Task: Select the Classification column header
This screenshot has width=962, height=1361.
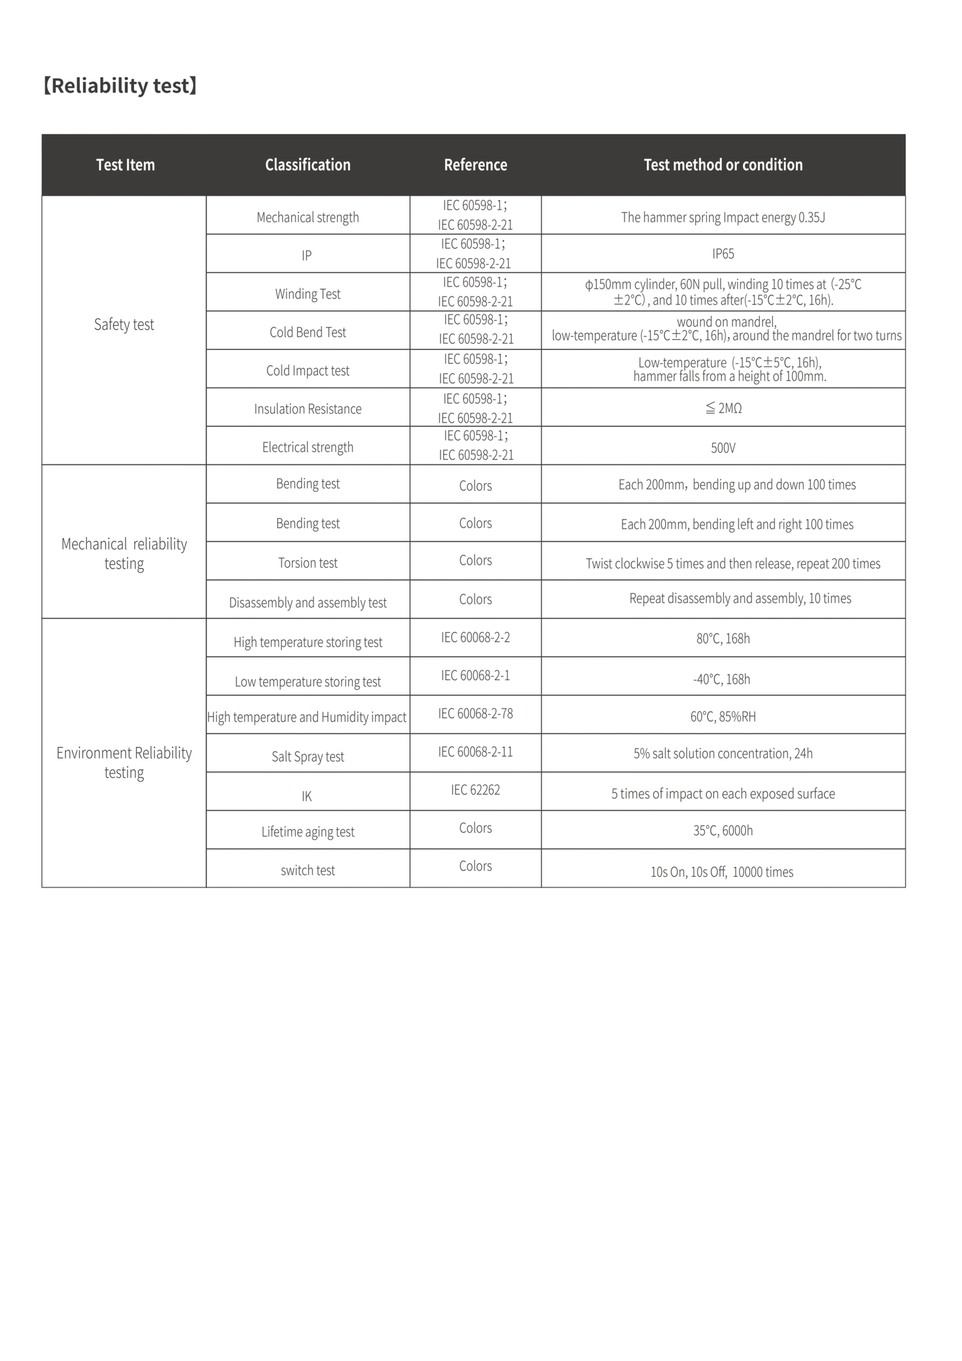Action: (307, 165)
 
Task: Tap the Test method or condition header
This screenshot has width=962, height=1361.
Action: (723, 165)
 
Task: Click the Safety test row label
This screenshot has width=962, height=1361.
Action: (124, 325)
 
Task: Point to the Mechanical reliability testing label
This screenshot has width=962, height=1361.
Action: (124, 553)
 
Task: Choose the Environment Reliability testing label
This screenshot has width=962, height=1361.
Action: (124, 762)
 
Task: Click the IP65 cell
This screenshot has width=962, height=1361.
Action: (723, 254)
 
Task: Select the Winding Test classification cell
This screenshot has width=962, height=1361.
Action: (307, 294)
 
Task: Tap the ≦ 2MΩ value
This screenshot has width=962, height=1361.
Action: (723, 408)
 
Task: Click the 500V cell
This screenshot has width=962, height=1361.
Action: (723, 448)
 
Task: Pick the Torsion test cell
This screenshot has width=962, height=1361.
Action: (307, 563)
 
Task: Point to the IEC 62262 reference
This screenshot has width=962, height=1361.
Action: (475, 790)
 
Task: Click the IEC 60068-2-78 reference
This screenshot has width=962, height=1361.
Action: (475, 713)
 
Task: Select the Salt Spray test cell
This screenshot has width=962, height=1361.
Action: (307, 757)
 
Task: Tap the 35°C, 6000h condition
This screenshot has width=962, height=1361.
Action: (723, 831)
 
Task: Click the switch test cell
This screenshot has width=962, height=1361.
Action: (307, 870)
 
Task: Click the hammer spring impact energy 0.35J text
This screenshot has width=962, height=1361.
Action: (723, 217)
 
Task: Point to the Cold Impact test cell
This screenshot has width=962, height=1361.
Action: (307, 370)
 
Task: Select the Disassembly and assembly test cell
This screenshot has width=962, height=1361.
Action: (307, 603)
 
